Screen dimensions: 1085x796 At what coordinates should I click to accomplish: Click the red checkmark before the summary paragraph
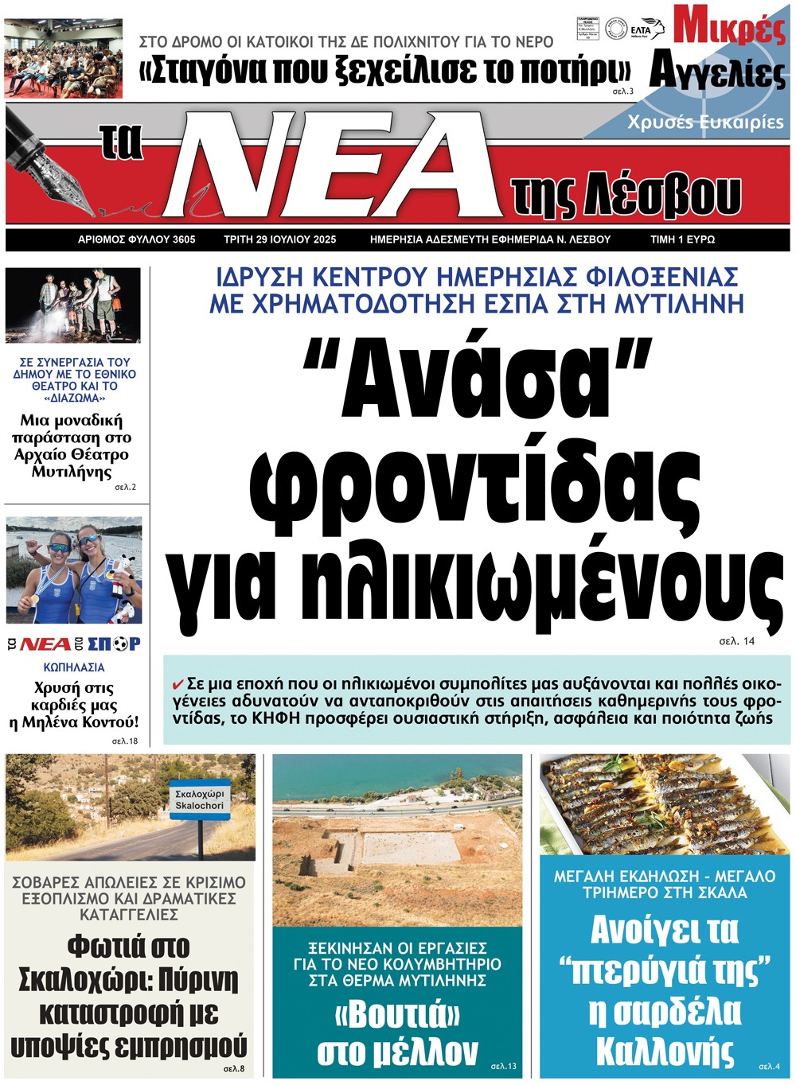click(x=178, y=684)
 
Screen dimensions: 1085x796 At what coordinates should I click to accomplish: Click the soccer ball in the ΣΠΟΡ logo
click(x=121, y=644)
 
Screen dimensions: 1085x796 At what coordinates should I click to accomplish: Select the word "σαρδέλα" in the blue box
click(x=665, y=1012)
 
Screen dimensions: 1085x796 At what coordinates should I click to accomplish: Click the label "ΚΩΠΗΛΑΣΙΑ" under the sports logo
click(x=74, y=667)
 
